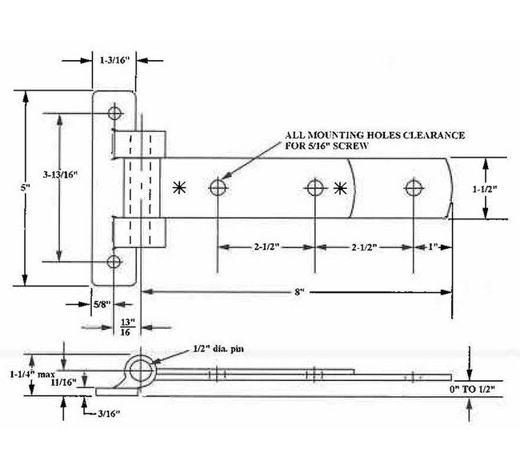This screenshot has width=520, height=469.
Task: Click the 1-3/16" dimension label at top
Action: coord(114,59)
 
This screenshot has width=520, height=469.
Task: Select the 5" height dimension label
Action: coord(25,188)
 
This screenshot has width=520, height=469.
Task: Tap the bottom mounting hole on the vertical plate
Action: coord(114,262)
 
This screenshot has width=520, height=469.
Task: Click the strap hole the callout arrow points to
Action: coord(218,188)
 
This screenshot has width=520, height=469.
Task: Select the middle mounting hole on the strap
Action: coord(314,188)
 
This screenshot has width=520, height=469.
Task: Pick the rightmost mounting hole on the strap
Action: coord(413,188)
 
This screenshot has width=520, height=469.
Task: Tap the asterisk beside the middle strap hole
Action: coord(341,189)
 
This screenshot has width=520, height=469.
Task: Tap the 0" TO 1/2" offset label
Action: coord(479,388)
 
